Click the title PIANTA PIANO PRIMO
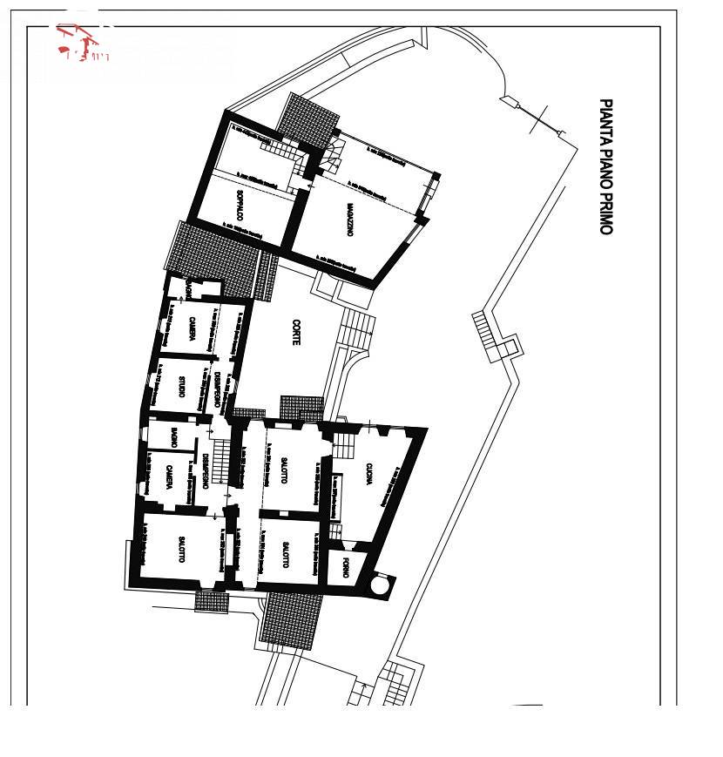tap(605, 166)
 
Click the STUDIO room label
tap(181, 386)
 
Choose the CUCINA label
tap(369, 478)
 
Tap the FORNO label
tap(345, 571)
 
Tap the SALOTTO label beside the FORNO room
tap(285, 555)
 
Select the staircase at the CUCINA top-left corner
tap(344, 445)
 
